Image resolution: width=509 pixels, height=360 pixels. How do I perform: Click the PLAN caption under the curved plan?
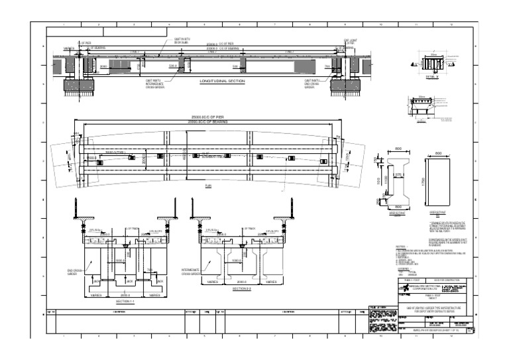[x=208, y=188]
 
